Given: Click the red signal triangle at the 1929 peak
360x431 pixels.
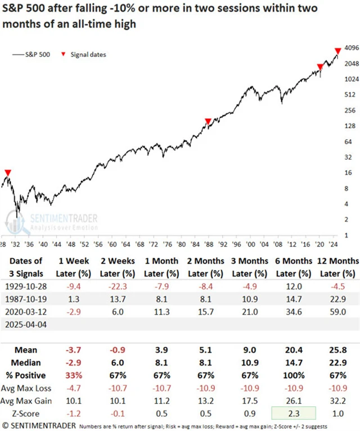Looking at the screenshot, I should (7, 173).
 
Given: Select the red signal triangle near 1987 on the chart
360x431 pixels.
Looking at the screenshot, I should (208, 121).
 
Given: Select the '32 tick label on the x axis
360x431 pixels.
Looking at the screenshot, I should (18, 245).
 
